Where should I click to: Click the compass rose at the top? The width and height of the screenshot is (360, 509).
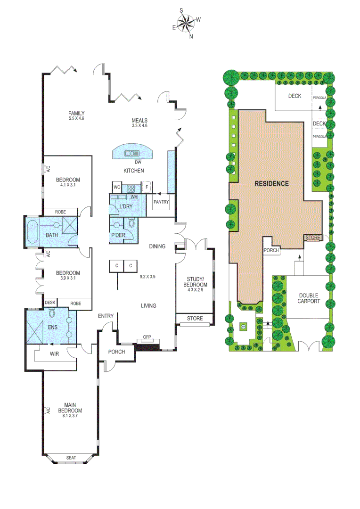(186, 23)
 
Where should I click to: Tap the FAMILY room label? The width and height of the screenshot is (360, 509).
(76, 113)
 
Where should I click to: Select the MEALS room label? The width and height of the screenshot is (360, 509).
(140, 120)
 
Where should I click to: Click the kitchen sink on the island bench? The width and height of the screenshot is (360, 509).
(131, 153)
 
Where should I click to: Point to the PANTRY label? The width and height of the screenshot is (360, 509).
(161, 202)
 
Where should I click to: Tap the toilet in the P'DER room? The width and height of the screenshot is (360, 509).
(132, 223)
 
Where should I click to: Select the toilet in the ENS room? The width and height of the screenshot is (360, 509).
(53, 313)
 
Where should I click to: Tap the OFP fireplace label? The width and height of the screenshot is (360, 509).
(147, 338)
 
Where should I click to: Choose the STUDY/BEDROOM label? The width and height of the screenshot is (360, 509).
(195, 282)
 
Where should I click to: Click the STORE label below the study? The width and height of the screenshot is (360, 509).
(195, 319)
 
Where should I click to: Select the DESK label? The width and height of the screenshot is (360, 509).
(50, 303)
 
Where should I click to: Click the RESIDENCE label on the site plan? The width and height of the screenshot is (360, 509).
(272, 183)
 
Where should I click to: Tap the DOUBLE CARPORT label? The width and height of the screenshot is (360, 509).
(309, 298)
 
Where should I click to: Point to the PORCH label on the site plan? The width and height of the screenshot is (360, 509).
(271, 251)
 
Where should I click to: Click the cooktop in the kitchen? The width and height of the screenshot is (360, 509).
(131, 187)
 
